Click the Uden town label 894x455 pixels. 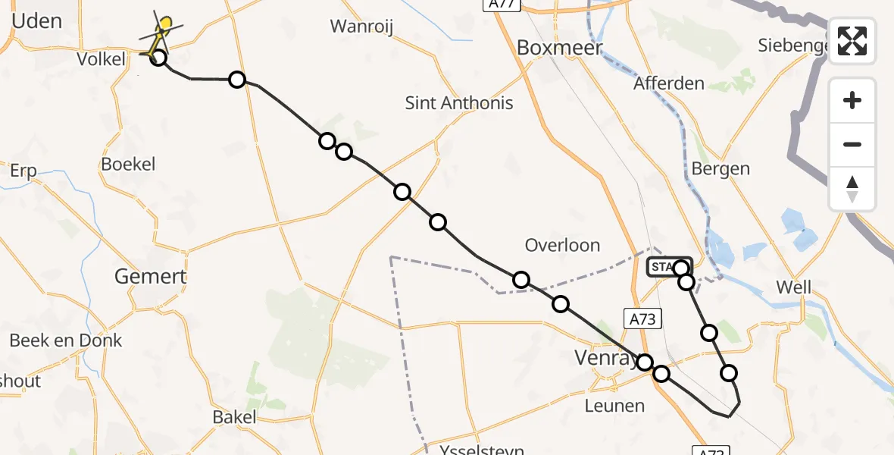36,20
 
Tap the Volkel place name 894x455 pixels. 101,58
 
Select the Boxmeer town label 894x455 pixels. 559,48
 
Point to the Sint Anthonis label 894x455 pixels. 459,103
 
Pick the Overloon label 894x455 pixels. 562,246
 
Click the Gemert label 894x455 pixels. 150,276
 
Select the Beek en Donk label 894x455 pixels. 65,340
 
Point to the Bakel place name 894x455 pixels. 234,416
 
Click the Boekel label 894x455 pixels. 128,164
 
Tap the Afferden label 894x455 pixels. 669,83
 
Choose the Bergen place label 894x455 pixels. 721,169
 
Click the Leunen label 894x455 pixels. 614,406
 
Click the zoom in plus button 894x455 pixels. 852,100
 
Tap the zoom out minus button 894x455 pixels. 852,144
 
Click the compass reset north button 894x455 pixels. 852,188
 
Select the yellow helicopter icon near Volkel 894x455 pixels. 161,30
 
